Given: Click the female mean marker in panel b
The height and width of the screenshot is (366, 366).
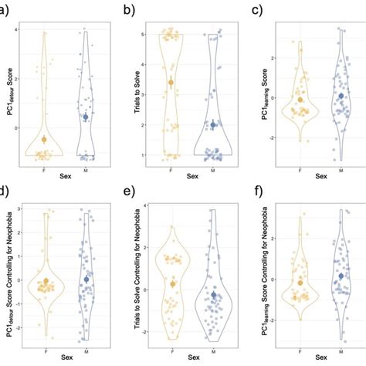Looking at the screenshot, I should tap(171, 83).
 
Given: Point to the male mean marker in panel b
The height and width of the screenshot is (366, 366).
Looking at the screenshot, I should tap(213, 124).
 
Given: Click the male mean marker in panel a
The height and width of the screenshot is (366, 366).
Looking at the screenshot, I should tap(86, 117).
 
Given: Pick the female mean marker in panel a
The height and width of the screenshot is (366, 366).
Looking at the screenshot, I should tap(44, 139).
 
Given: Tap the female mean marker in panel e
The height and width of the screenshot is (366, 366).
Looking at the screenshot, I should tap(173, 284).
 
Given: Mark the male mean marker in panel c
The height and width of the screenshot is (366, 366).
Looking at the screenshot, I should tap(341, 96).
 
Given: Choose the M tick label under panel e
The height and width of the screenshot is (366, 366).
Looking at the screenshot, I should tap(213, 348).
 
